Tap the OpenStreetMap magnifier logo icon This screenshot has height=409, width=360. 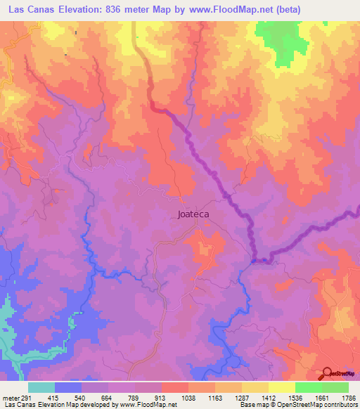[326, 373]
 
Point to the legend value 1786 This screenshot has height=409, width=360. [347, 397]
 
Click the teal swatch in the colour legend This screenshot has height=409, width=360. [41, 387]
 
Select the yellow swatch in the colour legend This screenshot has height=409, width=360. [281, 387]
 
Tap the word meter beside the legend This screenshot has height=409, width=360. [8, 397]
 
